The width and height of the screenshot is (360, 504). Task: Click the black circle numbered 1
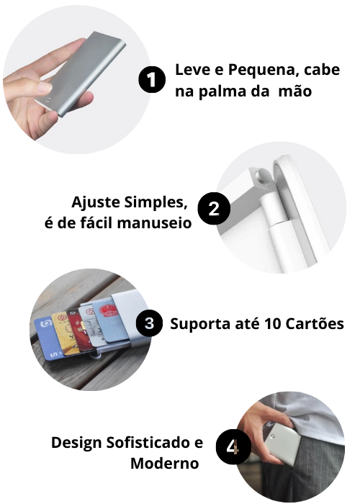(152, 79)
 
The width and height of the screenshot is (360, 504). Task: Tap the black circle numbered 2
(214, 209)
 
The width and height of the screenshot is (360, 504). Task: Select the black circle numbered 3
(149, 323)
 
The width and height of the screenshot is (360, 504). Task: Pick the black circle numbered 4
(233, 447)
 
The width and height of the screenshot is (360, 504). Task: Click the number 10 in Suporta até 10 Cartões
(273, 324)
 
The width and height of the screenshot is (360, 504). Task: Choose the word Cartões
(315, 323)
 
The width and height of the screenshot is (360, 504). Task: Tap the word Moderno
(165, 464)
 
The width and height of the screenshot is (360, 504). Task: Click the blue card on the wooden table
(48, 338)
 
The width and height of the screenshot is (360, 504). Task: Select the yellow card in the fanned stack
(66, 333)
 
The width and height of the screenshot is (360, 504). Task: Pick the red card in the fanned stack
(78, 330)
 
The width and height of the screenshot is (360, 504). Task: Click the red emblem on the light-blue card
(107, 311)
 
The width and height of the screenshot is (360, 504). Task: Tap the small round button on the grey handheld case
(48, 100)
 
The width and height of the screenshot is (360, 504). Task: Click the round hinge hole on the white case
(260, 175)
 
